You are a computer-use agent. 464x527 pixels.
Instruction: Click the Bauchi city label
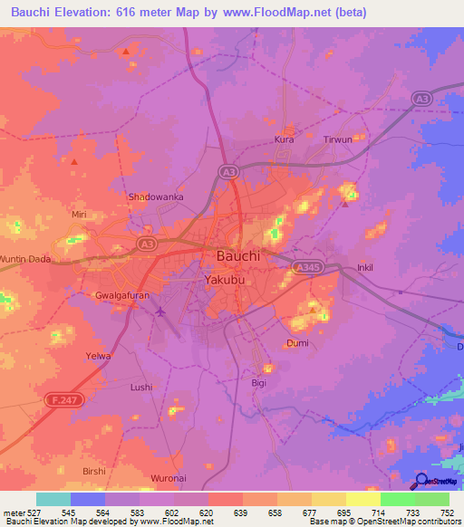pyautogui.click(x=238, y=256)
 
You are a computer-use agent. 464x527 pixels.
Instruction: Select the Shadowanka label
pyautogui.click(x=156, y=196)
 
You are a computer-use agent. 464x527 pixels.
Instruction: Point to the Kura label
pyautogui.click(x=285, y=140)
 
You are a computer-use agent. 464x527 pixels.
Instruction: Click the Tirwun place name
pyautogui.click(x=338, y=140)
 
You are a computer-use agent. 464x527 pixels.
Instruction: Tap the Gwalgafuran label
pyautogui.click(x=123, y=296)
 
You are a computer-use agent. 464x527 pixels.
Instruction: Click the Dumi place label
pyautogui.click(x=297, y=343)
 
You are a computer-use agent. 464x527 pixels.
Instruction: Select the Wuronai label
pyautogui.click(x=169, y=477)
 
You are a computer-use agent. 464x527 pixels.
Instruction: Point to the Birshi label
pyautogui.click(x=94, y=471)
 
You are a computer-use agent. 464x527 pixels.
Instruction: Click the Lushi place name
pyautogui.click(x=141, y=387)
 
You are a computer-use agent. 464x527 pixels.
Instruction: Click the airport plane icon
pyautogui.click(x=161, y=312)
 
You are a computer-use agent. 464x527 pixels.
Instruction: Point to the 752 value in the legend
pyautogui.click(x=448, y=512)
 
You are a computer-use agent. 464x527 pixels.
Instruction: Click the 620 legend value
pyautogui.click(x=208, y=512)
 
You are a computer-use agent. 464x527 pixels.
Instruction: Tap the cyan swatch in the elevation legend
pyautogui.click(x=53, y=499)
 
